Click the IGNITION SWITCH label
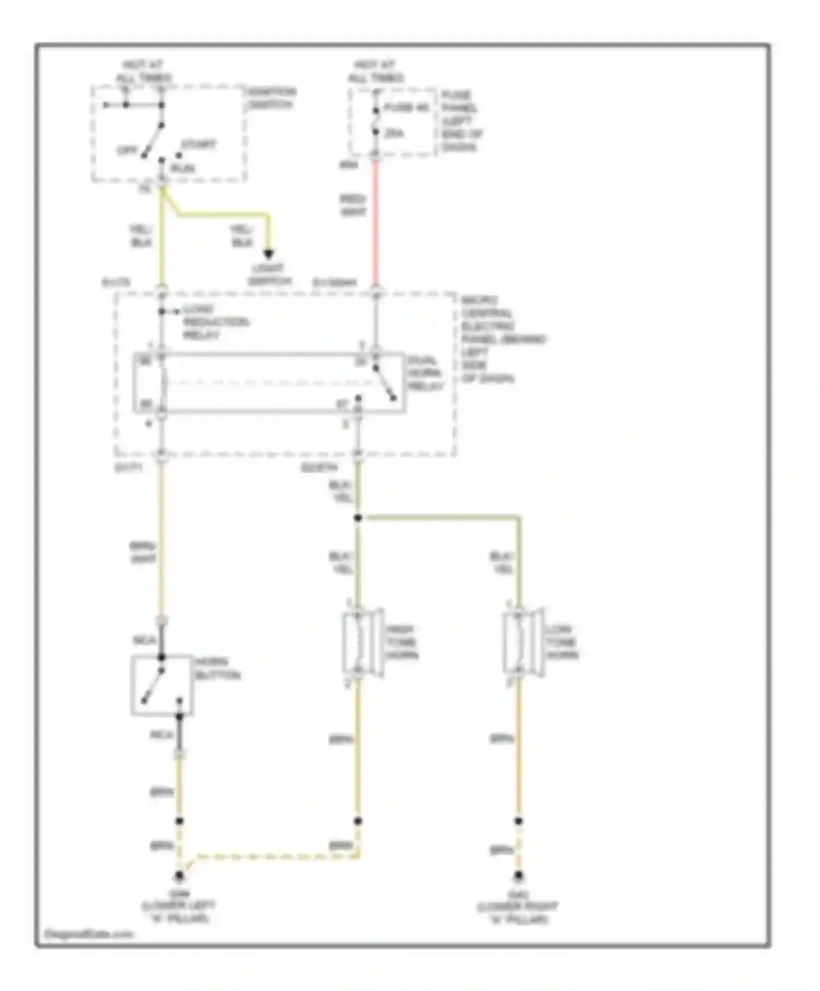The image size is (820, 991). (271, 98)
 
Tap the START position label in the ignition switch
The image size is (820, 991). (199, 145)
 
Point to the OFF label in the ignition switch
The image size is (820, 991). (127, 151)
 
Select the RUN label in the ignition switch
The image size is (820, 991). (183, 168)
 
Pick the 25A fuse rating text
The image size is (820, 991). (394, 133)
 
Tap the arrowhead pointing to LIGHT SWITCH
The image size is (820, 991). (268, 255)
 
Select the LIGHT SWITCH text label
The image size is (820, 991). (269, 275)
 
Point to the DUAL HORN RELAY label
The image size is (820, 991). (425, 374)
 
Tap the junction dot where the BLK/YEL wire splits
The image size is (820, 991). (358, 517)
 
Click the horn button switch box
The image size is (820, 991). (162, 685)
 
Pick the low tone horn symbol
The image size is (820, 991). (522, 643)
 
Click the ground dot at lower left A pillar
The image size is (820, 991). (179, 876)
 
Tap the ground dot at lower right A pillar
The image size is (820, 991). (518, 876)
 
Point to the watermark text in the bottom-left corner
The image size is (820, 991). (89, 934)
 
